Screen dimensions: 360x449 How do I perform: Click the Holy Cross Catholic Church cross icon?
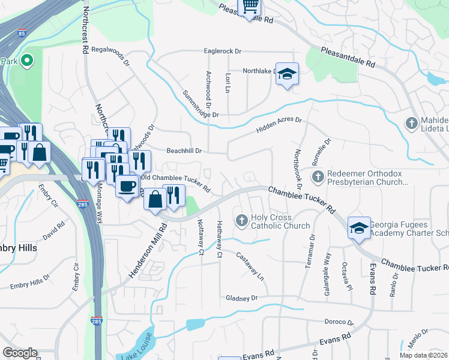[242, 221]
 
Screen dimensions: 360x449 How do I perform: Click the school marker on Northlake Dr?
[288, 74]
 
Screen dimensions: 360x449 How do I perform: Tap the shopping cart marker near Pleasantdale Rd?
[250, 7]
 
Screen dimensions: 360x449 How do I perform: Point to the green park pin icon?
[27, 61]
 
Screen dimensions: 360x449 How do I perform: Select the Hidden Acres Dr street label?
[279, 125]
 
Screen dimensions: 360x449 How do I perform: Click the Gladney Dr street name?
[241, 298]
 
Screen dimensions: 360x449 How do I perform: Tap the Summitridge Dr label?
[200, 103]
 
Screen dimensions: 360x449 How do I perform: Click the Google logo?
[20, 353]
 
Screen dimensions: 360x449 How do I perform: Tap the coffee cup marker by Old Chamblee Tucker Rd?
[126, 186]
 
